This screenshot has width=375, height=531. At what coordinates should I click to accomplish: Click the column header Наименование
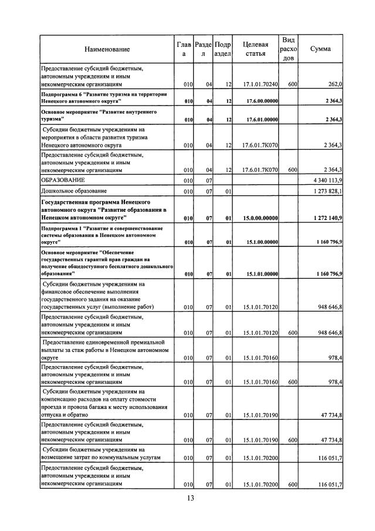coord(107,49)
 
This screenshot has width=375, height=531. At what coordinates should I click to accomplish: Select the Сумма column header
coord(320,49)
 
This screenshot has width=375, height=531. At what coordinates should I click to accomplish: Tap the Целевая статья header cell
coord(256,49)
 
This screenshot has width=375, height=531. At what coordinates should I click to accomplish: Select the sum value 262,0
coord(335,84)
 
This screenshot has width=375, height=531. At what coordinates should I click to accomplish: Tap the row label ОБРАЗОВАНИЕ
coord(63,180)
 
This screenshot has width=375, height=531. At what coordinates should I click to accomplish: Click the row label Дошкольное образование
coord(74,191)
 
